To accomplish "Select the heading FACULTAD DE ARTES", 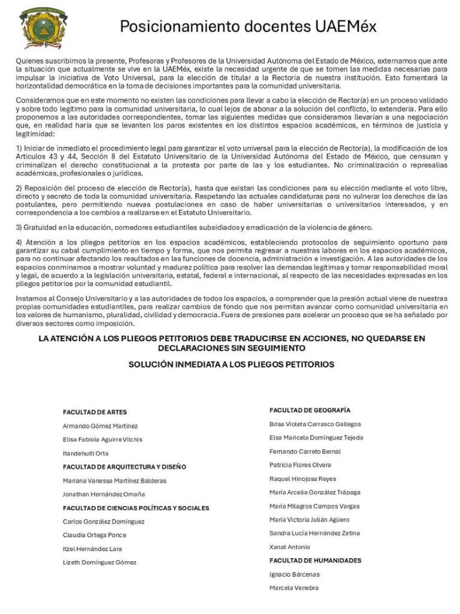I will [x=95, y=413].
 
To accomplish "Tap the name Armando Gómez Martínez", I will [x=100, y=426].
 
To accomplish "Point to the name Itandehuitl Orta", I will [x=86, y=453].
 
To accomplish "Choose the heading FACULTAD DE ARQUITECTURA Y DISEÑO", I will [x=125, y=466].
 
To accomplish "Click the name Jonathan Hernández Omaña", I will [x=104, y=494].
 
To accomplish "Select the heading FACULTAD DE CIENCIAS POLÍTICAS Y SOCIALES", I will [x=136, y=508].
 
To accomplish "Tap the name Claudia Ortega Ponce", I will [x=95, y=535].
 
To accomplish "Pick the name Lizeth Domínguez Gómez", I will [x=99, y=562].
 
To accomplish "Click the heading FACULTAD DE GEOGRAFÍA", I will [x=310, y=410].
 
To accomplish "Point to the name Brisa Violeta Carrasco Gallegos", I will [x=315, y=424].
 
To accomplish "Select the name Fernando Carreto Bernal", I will [x=305, y=452].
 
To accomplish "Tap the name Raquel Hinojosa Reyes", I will [x=302, y=478].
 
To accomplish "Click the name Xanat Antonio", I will [x=290, y=547].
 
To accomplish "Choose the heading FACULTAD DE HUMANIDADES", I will [x=315, y=561].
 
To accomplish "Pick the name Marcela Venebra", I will [x=294, y=588].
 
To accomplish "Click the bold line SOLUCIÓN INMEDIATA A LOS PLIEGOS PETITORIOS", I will [x=231, y=365].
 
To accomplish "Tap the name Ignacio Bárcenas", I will [x=295, y=574].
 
